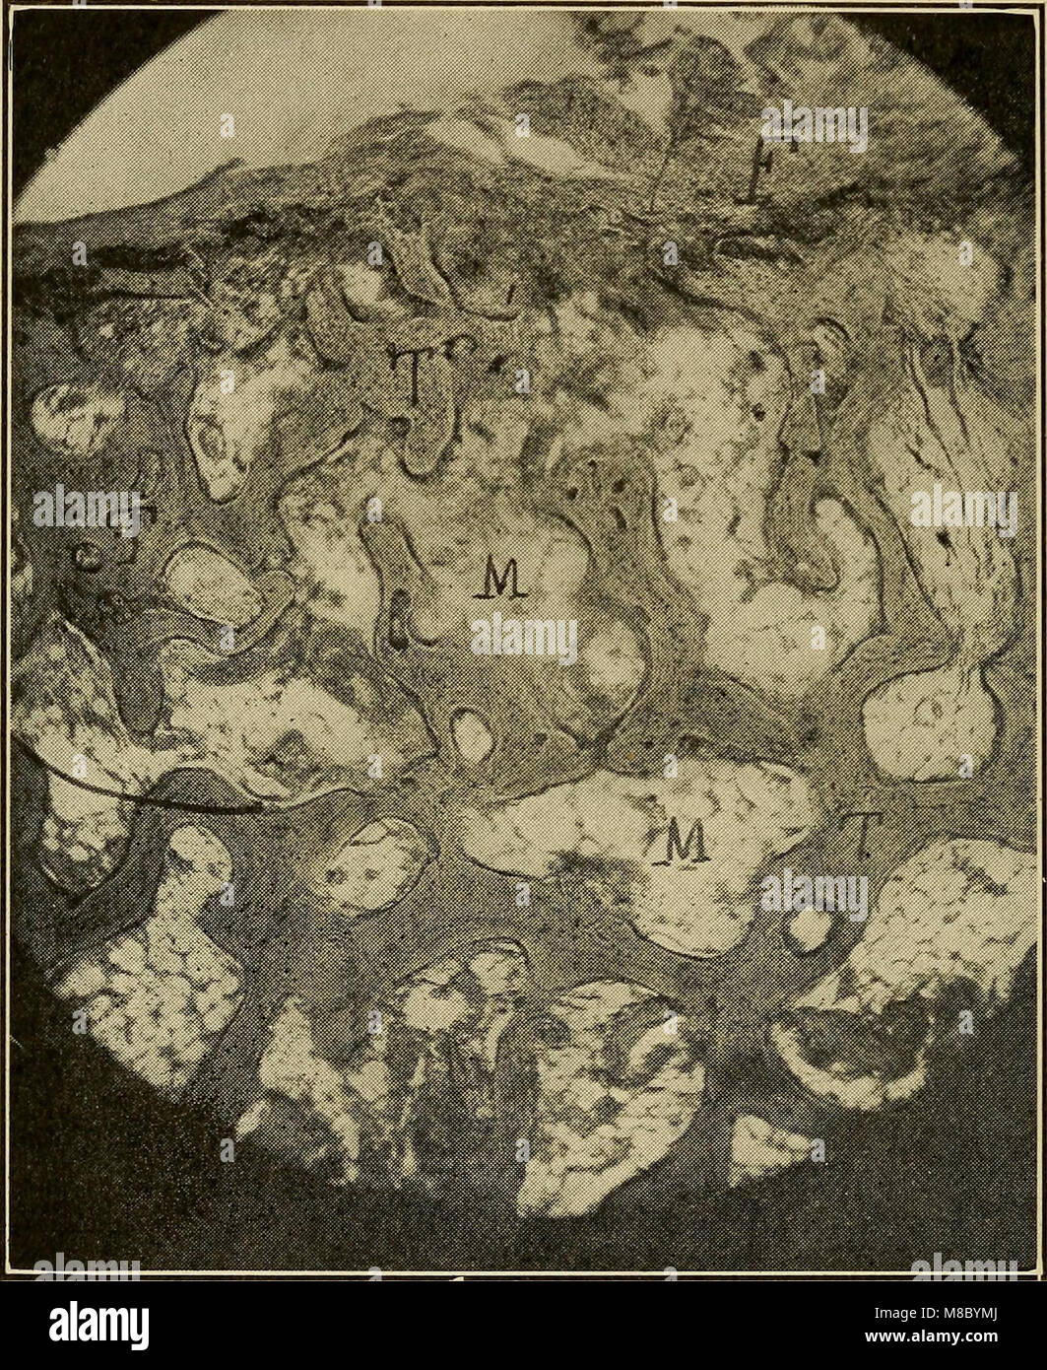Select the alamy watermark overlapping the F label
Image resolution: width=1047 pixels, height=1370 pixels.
tap(814, 128)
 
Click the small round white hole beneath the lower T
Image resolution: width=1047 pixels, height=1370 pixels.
tap(810, 929)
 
